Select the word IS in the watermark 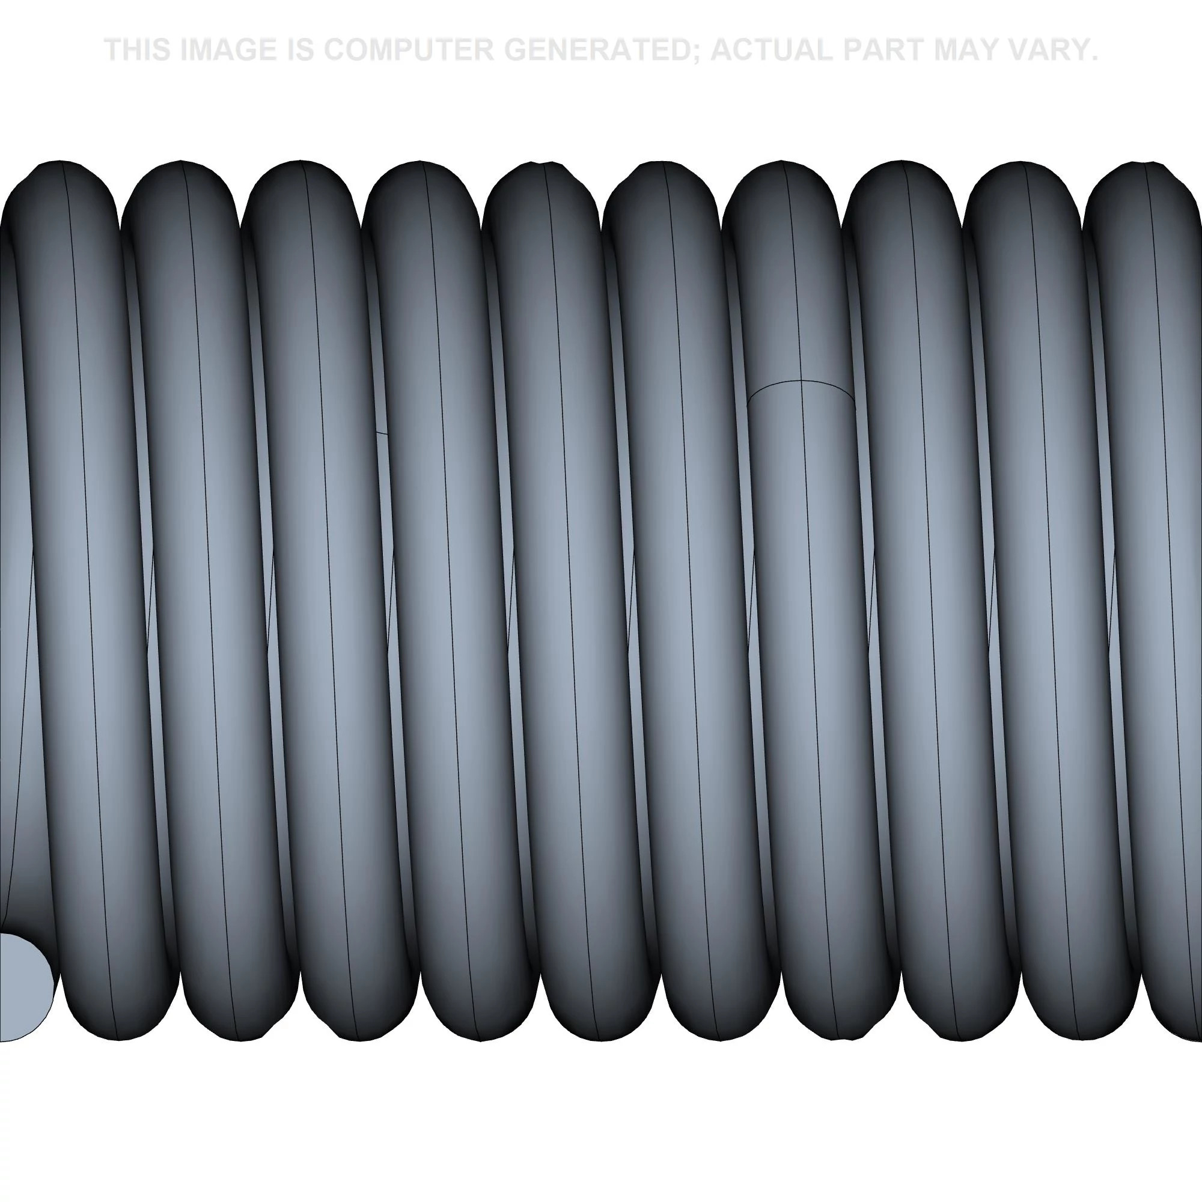click(300, 50)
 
